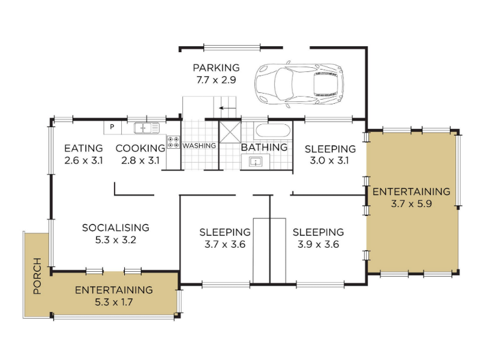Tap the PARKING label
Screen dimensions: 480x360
[x=216, y=68]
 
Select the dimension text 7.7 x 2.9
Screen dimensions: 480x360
[x=216, y=80]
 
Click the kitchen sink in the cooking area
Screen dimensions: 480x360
[x=146, y=128]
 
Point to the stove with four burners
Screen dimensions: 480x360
[x=173, y=143]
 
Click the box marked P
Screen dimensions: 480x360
[x=112, y=127]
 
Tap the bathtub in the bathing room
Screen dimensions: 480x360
[x=272, y=131]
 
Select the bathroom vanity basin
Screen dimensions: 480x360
[x=256, y=161]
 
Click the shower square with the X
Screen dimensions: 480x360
[x=230, y=132]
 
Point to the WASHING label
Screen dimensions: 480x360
[x=199, y=146]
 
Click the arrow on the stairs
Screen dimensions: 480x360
[x=225, y=108]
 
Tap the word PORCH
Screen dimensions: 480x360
[x=37, y=276]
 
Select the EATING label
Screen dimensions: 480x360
[x=83, y=148]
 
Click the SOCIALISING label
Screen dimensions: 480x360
[x=115, y=228]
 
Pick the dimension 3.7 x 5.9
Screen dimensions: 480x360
[x=412, y=203]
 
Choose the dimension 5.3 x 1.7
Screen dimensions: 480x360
[x=113, y=302]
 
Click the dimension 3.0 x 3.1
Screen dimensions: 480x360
[x=329, y=160]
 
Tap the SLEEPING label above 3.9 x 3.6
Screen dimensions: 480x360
[x=318, y=232]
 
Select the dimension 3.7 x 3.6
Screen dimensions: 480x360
[x=225, y=245]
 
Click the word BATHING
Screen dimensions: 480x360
[x=264, y=147]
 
